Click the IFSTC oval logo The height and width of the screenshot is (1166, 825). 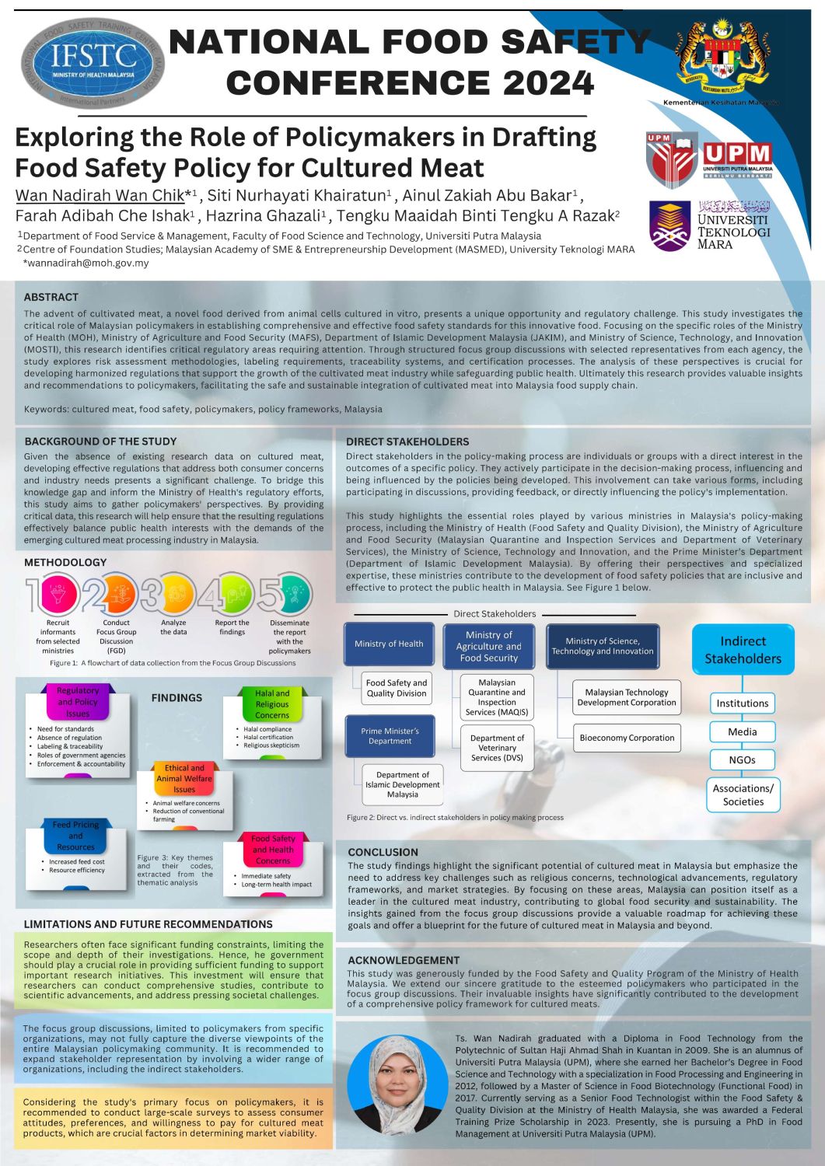[x=93, y=63]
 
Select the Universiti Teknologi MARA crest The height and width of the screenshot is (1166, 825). [x=669, y=226]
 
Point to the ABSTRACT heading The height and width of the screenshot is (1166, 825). [x=51, y=297]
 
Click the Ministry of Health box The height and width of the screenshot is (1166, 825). [x=389, y=644]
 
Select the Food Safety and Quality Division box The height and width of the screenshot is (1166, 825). [x=397, y=688]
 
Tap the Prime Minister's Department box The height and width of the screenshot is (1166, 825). [x=390, y=736]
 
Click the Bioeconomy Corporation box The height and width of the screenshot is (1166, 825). [x=627, y=738]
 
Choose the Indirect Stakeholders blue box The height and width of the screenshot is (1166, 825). [x=743, y=650]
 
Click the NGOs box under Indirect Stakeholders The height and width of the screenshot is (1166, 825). [x=742, y=759]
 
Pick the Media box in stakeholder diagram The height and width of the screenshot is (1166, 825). [x=742, y=731]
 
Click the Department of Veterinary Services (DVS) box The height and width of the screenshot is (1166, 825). [x=497, y=748]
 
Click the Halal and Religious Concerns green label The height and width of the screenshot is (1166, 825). [x=272, y=703]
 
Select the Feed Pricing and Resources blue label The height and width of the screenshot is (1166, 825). [x=75, y=836]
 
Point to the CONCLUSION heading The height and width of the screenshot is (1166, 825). [x=383, y=852]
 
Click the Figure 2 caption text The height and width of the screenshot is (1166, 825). [x=455, y=817]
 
